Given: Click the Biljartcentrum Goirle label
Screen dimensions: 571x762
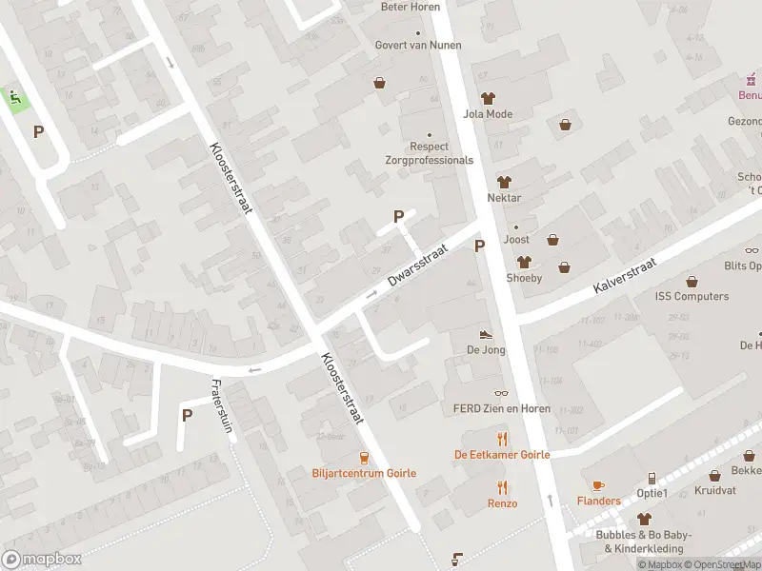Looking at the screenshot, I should [363, 473].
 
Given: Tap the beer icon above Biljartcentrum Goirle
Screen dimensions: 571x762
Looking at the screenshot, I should [364, 457].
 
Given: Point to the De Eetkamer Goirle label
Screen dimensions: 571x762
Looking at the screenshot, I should [502, 455].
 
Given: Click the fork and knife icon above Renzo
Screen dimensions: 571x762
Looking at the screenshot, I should [503, 487].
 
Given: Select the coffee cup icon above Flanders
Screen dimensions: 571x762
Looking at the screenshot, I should [598, 485].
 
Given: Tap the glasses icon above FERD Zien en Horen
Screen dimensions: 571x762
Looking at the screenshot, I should [502, 393].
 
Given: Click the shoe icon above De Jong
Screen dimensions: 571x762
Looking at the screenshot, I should [486, 334].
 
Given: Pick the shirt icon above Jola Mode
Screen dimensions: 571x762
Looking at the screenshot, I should [488, 98].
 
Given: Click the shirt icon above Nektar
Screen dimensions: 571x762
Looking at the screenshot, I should [504, 181].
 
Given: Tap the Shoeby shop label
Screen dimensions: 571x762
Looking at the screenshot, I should [524, 278].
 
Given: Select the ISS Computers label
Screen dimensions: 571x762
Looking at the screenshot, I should [692, 296].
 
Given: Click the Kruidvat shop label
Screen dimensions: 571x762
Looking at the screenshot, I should [715, 490].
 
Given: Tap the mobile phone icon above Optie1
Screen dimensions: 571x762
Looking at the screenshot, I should [652, 478].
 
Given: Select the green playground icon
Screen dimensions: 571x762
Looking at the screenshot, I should [14, 96].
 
